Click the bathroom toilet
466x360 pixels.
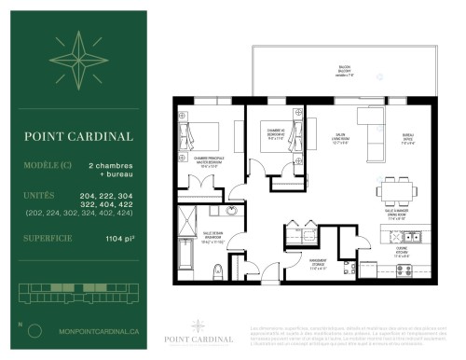pyautogui.click(x=216, y=270)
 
